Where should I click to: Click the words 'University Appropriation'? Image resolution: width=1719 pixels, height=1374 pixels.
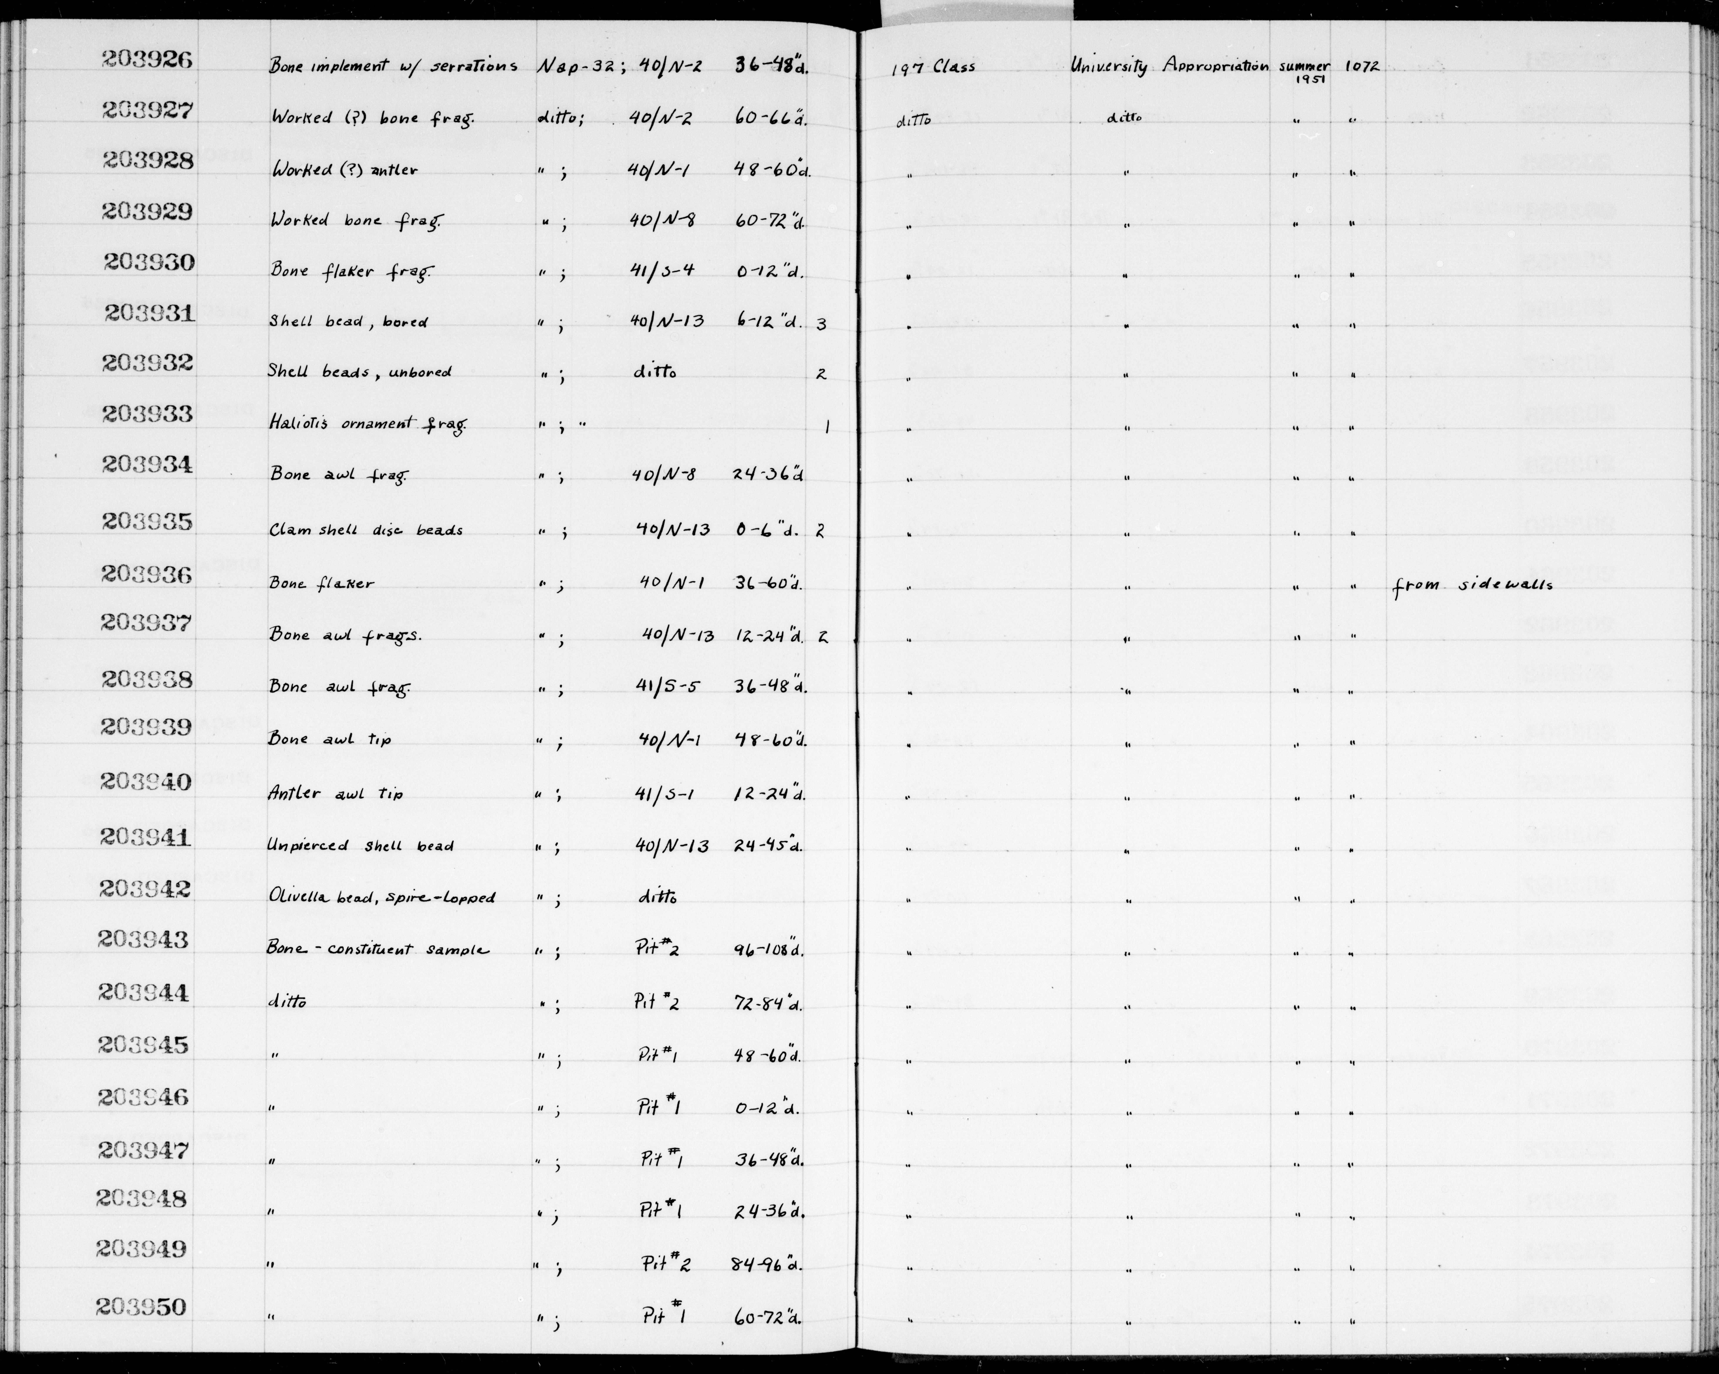click(1169, 66)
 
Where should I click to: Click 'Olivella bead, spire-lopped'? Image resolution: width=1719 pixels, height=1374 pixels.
click(381, 897)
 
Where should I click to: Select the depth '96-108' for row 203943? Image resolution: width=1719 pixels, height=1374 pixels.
click(767, 951)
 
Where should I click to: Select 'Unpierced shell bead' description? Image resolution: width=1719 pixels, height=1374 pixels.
click(360, 845)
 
